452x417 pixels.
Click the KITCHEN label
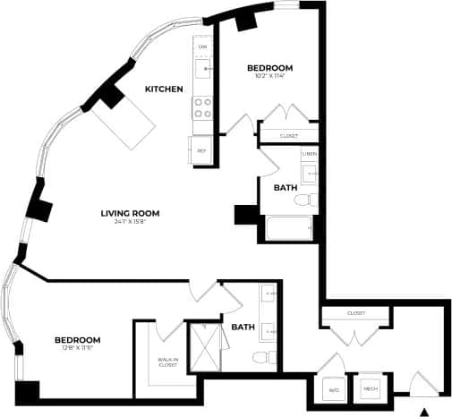click(x=164, y=89)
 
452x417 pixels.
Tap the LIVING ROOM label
click(x=130, y=212)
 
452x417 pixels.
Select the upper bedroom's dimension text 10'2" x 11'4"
click(x=269, y=77)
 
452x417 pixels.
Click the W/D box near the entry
click(x=332, y=389)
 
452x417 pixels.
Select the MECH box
click(x=370, y=389)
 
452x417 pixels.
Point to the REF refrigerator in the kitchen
click(x=201, y=149)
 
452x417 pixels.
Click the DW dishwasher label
click(x=202, y=46)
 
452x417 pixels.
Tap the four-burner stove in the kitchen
click(x=202, y=108)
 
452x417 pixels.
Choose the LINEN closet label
click(x=309, y=154)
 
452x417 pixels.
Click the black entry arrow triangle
click(x=424, y=411)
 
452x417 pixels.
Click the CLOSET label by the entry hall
click(x=355, y=313)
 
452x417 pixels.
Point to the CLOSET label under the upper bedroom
click(x=288, y=136)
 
